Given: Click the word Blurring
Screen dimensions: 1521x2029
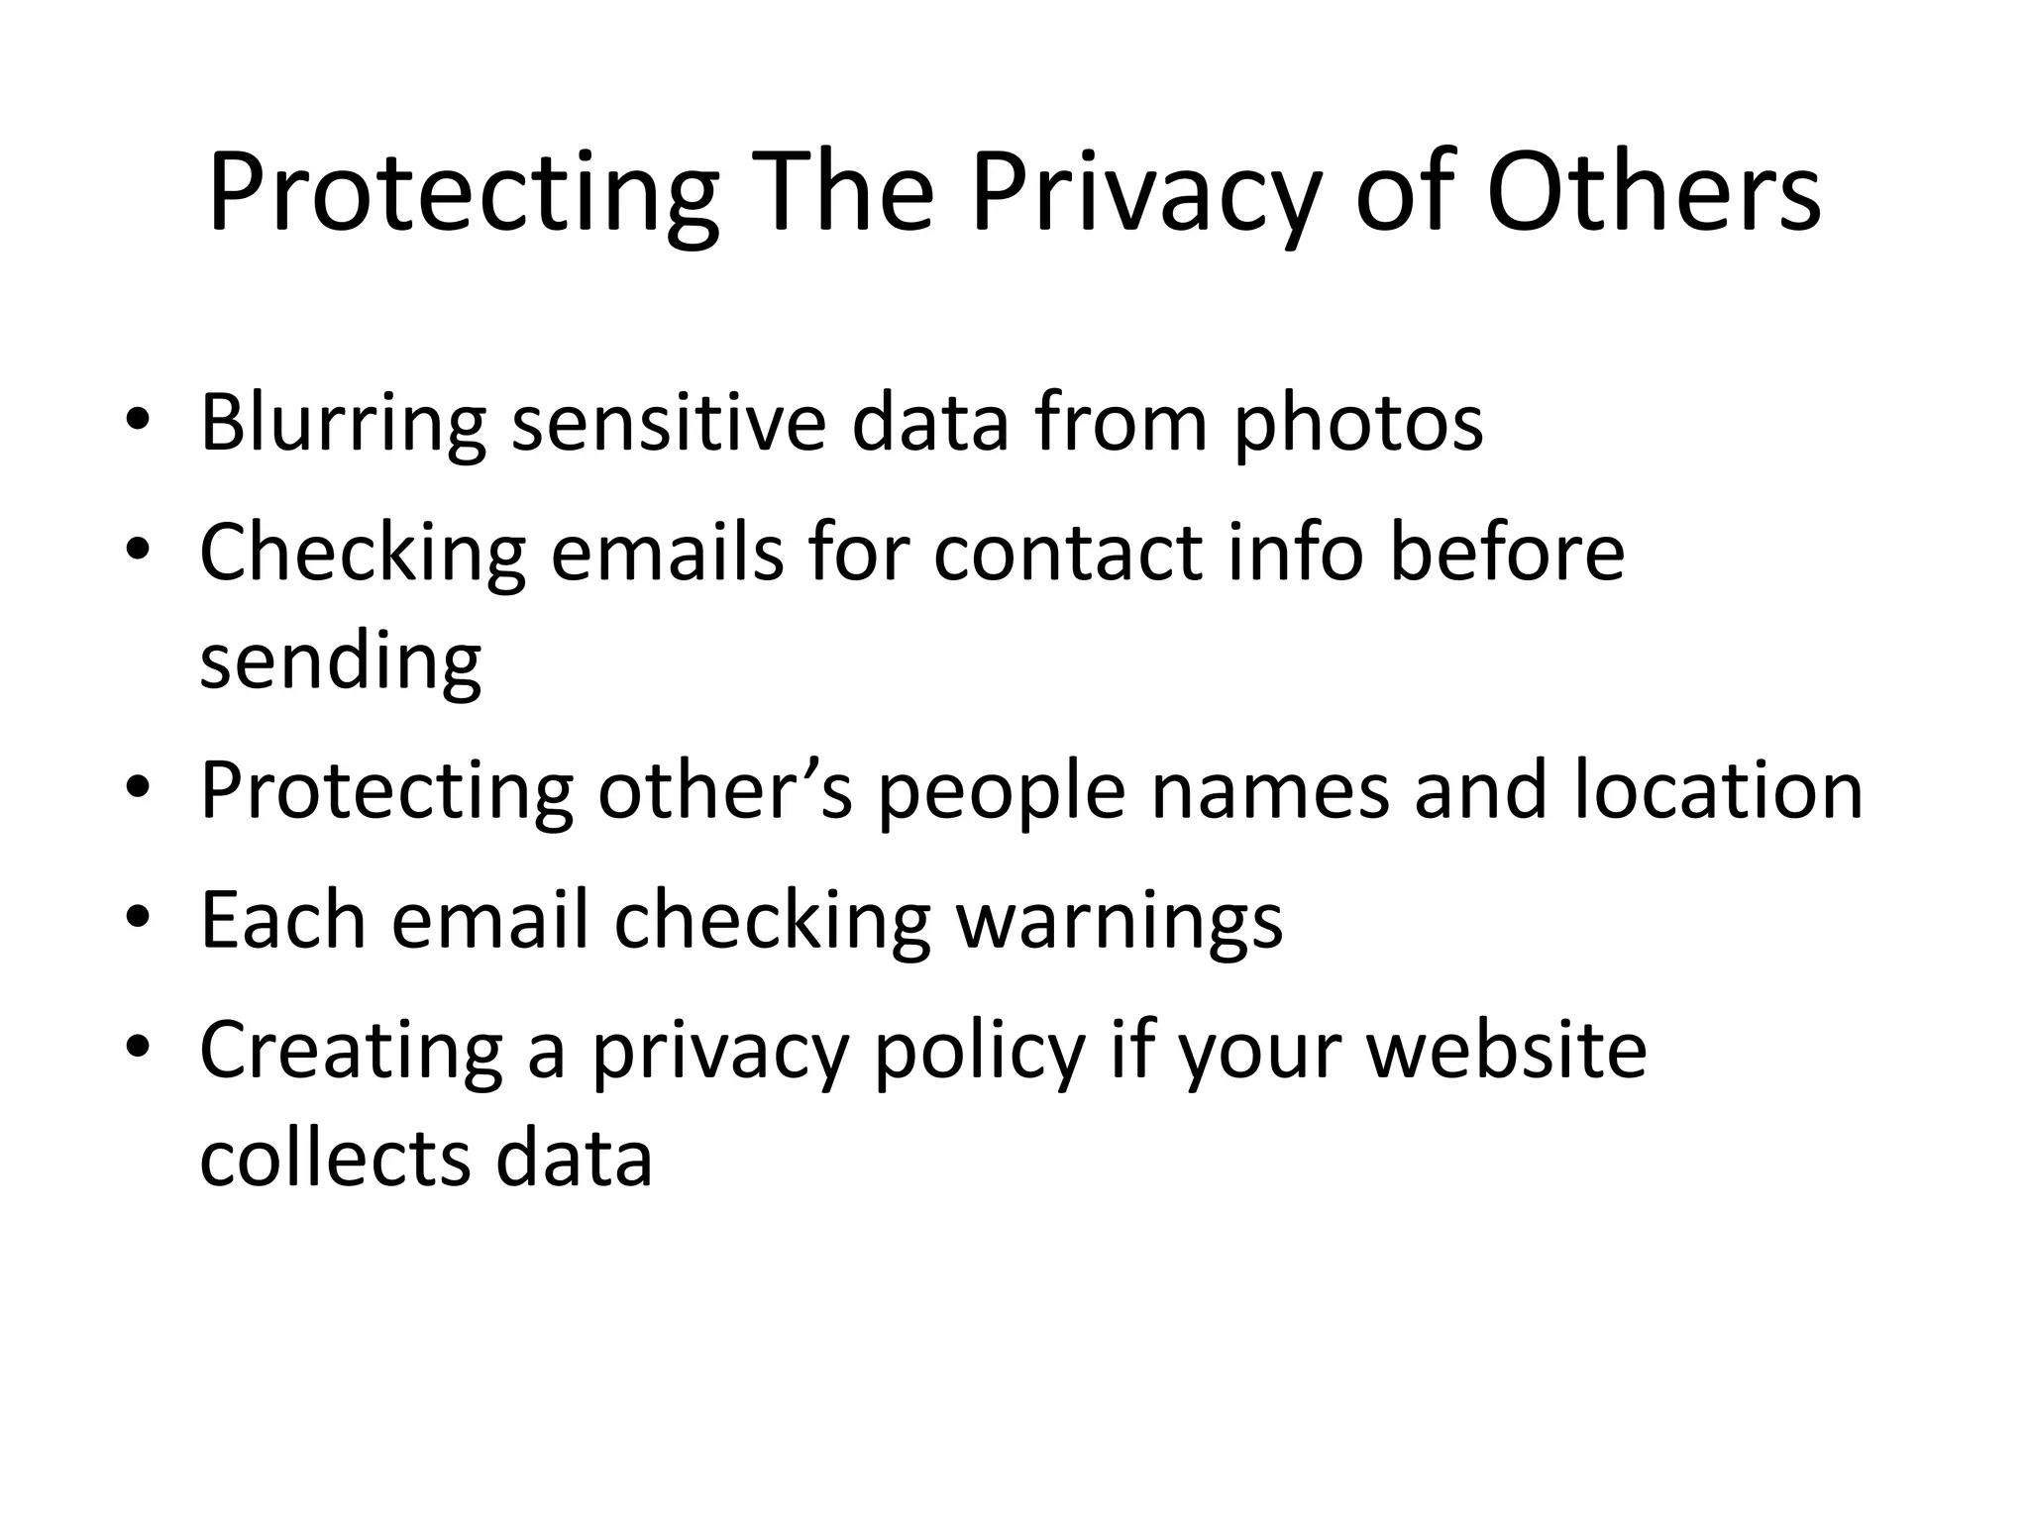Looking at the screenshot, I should pos(343,424).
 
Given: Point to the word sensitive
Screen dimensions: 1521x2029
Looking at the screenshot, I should pos(668,424).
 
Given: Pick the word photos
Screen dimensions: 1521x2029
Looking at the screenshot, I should pos(1357,426).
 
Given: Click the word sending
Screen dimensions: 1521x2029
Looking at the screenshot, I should pos(340,665).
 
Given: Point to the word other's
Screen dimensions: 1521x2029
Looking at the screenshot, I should pos(724,792).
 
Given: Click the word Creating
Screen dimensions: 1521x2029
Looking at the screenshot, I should pos(351,1053).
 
